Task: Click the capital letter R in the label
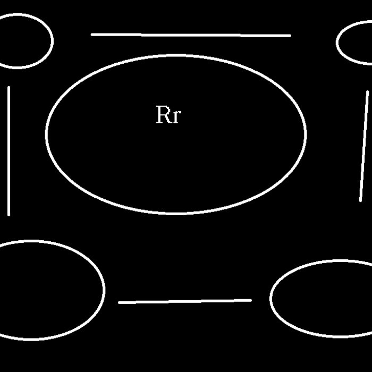pos(163,115)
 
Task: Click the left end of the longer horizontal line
pos(92,35)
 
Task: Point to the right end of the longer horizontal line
pos(290,36)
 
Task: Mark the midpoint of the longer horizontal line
pos(191,35)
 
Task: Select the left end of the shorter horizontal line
pos(119,302)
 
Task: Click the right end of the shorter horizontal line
pos(251,300)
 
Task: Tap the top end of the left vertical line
pos(9,87)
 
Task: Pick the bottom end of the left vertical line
pos(9,215)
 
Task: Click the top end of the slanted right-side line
pos(367,92)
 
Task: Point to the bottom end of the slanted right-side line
pos(361,200)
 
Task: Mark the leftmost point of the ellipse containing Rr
pos(46,134)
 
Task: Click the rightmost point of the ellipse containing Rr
pos(306,134)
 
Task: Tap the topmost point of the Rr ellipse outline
pos(175,55)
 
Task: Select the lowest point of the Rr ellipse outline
pos(175,214)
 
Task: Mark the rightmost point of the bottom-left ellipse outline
pos(104,290)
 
